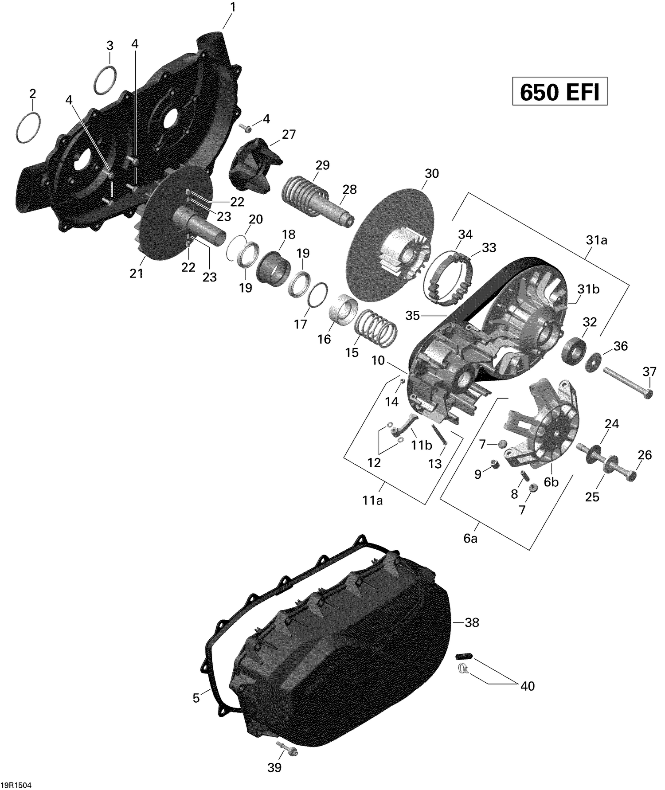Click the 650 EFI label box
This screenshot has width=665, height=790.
click(559, 92)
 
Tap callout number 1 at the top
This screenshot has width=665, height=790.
click(232, 8)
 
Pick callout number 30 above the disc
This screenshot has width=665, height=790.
click(431, 173)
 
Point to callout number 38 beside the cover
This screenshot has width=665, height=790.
click(472, 623)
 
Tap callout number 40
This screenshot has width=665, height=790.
click(527, 686)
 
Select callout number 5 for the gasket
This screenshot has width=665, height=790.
click(196, 698)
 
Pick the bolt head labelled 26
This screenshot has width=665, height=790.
click(632, 476)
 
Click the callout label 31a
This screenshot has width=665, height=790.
click(596, 241)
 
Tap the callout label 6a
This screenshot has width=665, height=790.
click(470, 540)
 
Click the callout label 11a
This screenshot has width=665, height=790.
click(372, 501)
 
